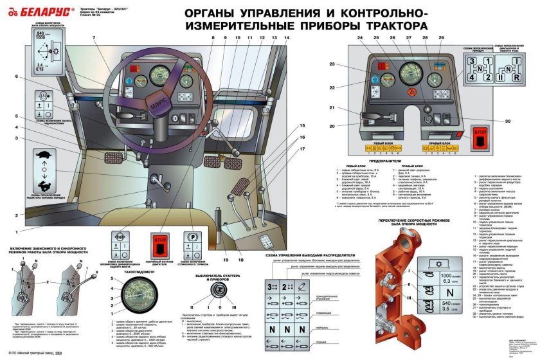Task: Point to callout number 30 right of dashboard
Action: pos(507,121)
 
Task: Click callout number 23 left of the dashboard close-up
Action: pos(334,64)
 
